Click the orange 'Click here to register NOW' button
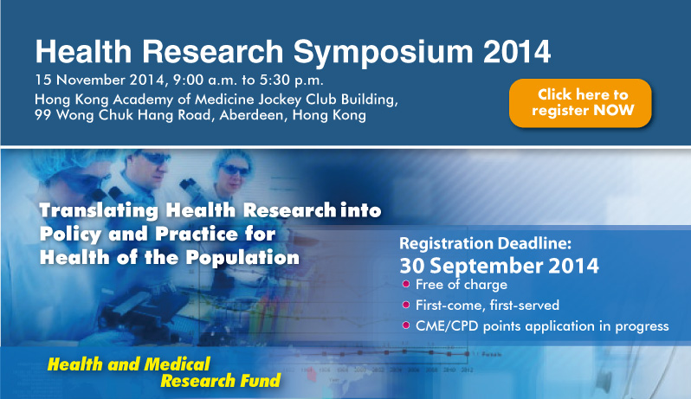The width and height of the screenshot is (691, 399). tap(580, 103)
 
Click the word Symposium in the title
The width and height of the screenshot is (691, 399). tap(383, 52)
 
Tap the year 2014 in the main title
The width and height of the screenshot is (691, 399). tap(516, 52)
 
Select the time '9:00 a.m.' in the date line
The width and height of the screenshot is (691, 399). tap(205, 80)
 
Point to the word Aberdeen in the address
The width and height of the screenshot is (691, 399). tap(252, 115)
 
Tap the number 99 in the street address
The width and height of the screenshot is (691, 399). tap(43, 115)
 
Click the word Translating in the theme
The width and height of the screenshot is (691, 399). tap(99, 210)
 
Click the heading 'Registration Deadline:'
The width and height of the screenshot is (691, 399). tap(485, 243)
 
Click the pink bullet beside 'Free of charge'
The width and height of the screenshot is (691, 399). tap(406, 284)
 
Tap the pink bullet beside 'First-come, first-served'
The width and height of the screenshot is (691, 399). tap(406, 305)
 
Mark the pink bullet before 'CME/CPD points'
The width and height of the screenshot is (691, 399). tap(406, 325)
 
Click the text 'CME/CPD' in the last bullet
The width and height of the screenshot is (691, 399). tap(447, 326)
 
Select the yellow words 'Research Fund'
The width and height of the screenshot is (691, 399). tap(220, 381)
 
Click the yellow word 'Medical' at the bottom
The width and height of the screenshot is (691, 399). tap(178, 364)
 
